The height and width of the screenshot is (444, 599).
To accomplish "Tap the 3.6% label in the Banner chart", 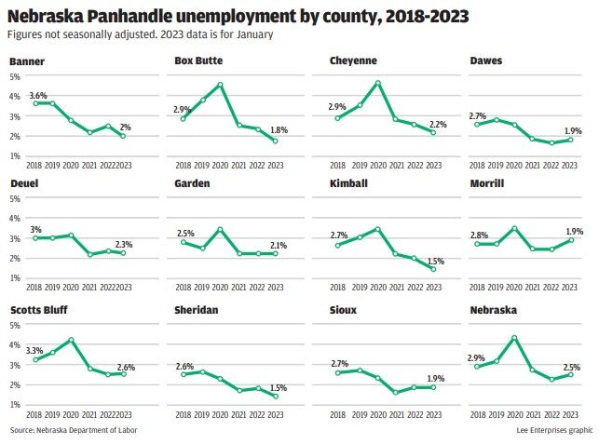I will pyautogui.click(x=38, y=95).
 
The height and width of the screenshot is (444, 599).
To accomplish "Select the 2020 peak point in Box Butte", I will pyautogui.click(x=220, y=85).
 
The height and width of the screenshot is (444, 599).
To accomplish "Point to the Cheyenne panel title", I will pyautogui.click(x=354, y=61).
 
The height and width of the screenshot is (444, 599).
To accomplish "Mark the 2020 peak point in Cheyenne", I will pyautogui.click(x=378, y=83).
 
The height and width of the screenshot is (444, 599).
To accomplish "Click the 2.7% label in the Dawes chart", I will pyautogui.click(x=477, y=114).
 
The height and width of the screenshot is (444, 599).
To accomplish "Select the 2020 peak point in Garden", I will pyautogui.click(x=220, y=229).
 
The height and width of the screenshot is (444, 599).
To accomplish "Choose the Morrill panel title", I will pyautogui.click(x=487, y=183).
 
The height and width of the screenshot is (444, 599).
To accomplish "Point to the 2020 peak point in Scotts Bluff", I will pyautogui.click(x=71, y=340).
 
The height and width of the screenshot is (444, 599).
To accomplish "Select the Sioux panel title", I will pyautogui.click(x=345, y=309).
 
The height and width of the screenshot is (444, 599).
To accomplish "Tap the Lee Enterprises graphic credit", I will pyautogui.click(x=553, y=431).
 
